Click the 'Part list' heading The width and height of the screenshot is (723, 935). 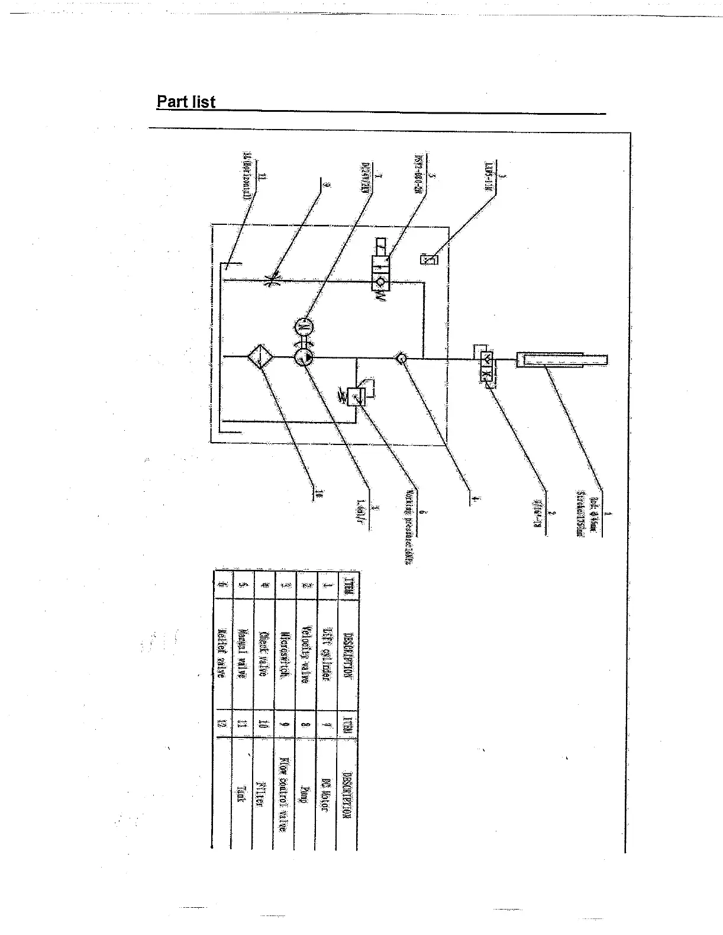(x=186, y=102)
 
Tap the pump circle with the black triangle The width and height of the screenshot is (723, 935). (x=304, y=357)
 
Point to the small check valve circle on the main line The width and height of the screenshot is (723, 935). (x=402, y=357)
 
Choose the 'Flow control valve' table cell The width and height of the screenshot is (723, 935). (x=283, y=794)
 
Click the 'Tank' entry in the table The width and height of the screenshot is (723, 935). (x=241, y=794)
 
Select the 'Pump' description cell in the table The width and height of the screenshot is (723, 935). (x=304, y=794)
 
